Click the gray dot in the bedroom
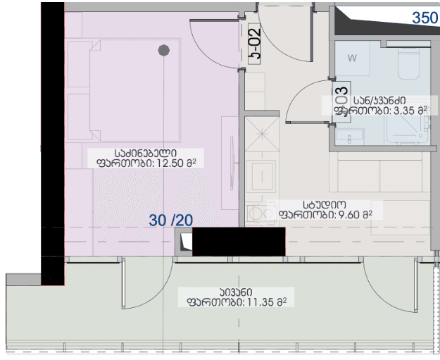click(163, 49)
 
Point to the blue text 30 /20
click(171, 220)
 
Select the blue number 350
click(425, 18)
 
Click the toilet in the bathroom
click(409, 65)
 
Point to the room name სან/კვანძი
click(382, 100)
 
